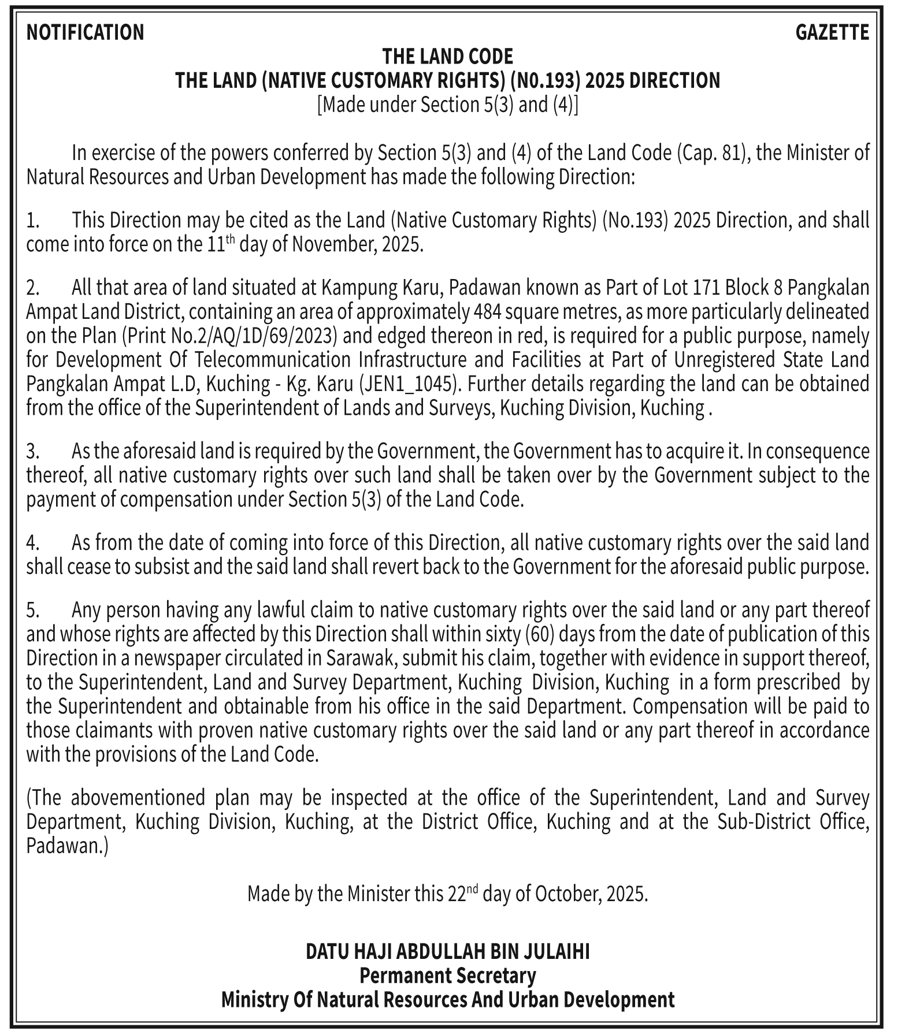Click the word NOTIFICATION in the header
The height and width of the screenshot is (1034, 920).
click(85, 32)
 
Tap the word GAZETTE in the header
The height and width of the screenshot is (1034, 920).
click(832, 32)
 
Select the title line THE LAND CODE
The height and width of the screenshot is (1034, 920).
click(447, 57)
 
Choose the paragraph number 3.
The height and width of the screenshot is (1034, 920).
click(32, 451)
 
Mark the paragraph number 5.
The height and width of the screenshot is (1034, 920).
click(32, 610)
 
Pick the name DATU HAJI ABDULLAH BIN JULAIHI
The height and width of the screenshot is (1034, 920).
click(447, 951)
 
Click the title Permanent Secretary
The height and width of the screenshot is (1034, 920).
click(447, 976)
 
